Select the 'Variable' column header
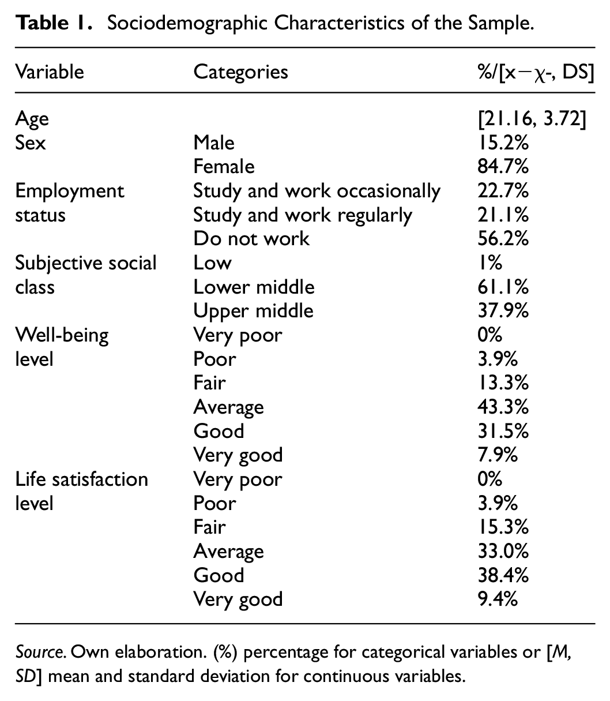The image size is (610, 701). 50,72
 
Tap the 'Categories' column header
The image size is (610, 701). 240,72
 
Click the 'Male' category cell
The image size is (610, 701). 214,142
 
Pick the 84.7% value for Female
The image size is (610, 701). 500,166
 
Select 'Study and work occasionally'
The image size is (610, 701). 317,190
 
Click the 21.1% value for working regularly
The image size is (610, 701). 500,215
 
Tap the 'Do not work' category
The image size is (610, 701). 251,238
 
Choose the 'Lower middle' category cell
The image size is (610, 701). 254,287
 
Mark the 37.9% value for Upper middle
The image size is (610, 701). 500,311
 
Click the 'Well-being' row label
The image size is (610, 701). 62,335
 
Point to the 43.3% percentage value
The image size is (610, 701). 500,407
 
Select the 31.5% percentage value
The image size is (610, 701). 500,431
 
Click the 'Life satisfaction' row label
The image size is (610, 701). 81,479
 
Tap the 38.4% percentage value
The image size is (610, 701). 500,575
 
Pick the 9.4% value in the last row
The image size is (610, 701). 494,599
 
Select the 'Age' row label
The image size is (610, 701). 32,119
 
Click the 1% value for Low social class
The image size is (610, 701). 487,263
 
